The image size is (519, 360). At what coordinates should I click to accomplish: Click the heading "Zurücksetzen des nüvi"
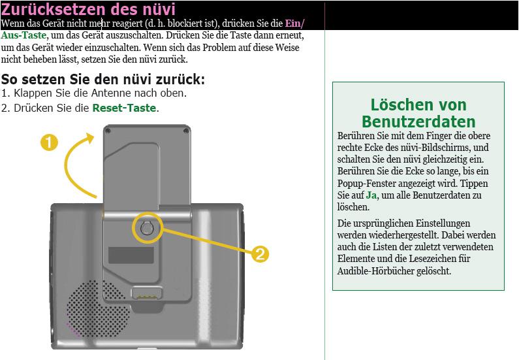coord(88,9)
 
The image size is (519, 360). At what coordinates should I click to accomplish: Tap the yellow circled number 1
coord(50,142)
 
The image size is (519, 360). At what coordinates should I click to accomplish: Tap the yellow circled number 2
coord(260,254)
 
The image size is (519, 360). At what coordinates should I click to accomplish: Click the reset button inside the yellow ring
coord(146,228)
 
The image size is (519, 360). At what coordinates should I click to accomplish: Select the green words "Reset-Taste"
coord(124,108)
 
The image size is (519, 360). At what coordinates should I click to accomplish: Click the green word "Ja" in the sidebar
coord(371,195)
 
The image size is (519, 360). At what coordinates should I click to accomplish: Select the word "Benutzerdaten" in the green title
coord(418,122)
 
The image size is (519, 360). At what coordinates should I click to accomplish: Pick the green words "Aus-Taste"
coord(24,35)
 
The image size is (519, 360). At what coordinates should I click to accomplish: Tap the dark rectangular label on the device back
coord(131,255)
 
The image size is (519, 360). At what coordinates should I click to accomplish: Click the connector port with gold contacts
coord(147,293)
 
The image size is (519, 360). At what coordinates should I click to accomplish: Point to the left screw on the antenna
coord(108,131)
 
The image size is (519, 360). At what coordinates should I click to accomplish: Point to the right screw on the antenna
coord(186,131)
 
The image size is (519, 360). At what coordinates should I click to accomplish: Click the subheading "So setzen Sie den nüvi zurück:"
coord(103,80)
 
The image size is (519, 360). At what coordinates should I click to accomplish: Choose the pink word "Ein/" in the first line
coord(294,23)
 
